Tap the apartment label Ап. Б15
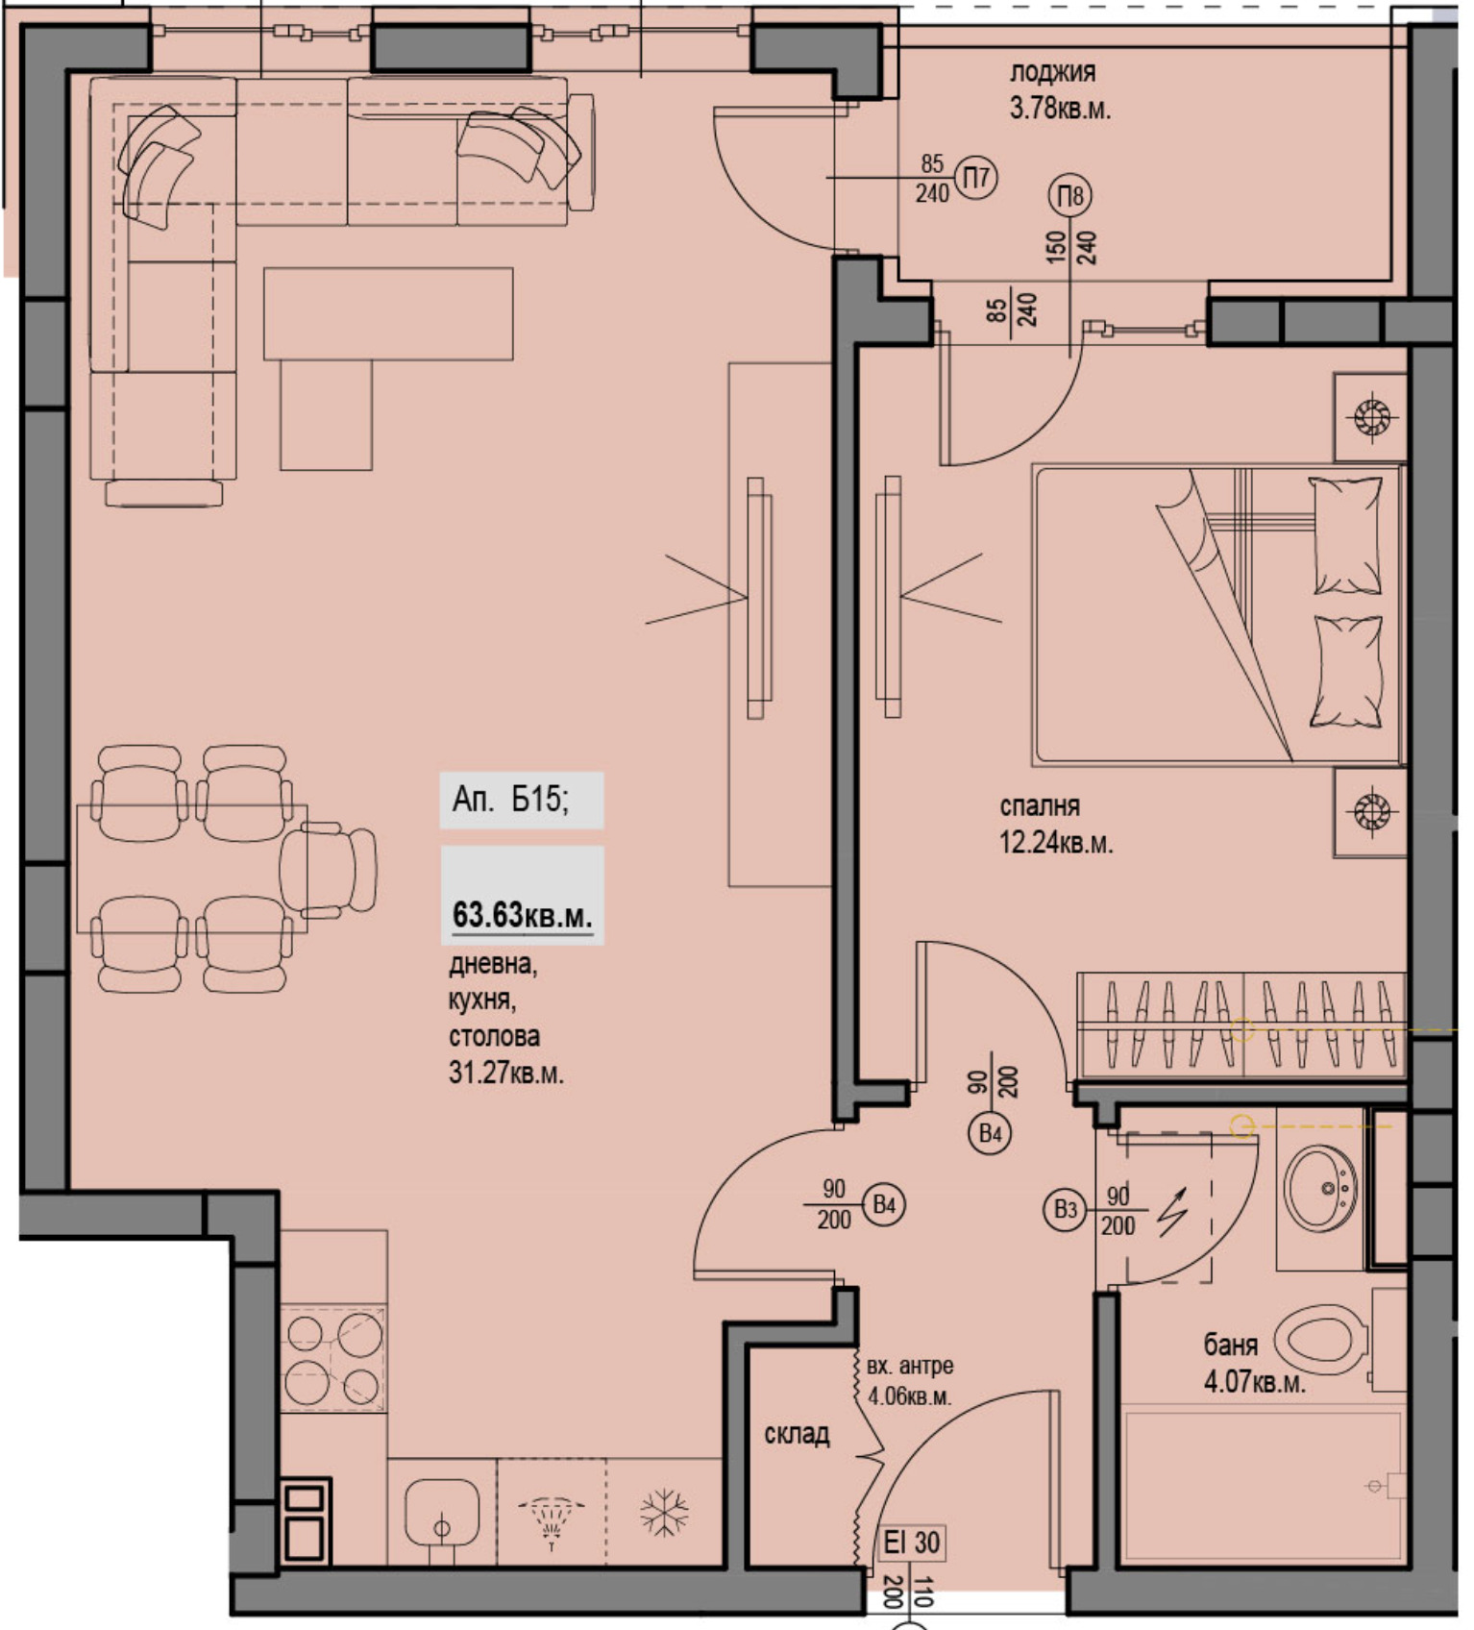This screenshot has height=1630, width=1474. [x=510, y=799]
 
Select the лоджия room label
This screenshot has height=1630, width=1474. [x=1052, y=71]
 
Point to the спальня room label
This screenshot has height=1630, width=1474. [x=1040, y=805]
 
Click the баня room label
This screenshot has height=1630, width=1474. [x=1231, y=1345]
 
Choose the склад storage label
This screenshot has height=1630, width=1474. [x=797, y=1434]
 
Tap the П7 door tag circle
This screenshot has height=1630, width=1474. [x=977, y=178]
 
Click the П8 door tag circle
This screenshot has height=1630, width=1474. [x=1070, y=196]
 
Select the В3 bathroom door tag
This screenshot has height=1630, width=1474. [x=1066, y=1209]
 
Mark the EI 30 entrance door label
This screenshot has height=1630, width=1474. [x=912, y=1543]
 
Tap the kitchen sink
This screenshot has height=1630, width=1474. [x=442, y=1512]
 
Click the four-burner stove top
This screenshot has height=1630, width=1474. [x=332, y=1358]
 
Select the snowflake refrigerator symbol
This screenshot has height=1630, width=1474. [x=664, y=1513]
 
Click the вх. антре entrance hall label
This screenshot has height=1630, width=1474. [x=910, y=1366]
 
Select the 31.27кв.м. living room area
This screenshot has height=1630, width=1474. [x=506, y=1072]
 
